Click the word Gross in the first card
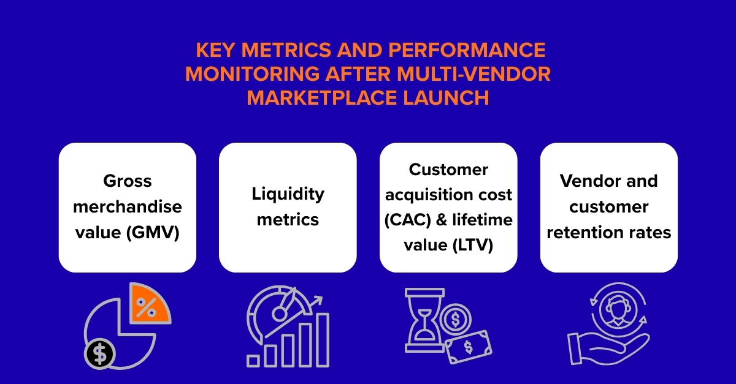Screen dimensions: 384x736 pos(128,181)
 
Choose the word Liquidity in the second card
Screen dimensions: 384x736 pos(288,194)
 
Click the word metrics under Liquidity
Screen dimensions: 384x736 pos(288,220)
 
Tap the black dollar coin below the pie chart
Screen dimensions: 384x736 pos(100,353)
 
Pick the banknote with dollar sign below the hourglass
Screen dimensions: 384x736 pos(468,348)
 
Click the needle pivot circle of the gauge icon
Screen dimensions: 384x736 pos(279,314)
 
